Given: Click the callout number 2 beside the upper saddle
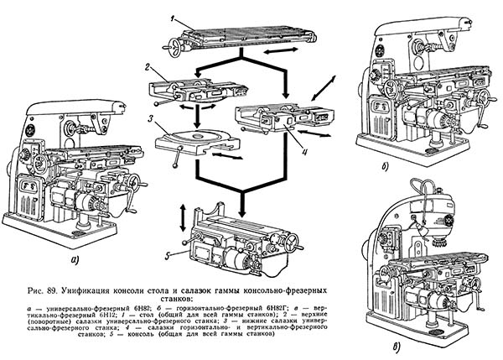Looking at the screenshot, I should pos(146,67).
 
